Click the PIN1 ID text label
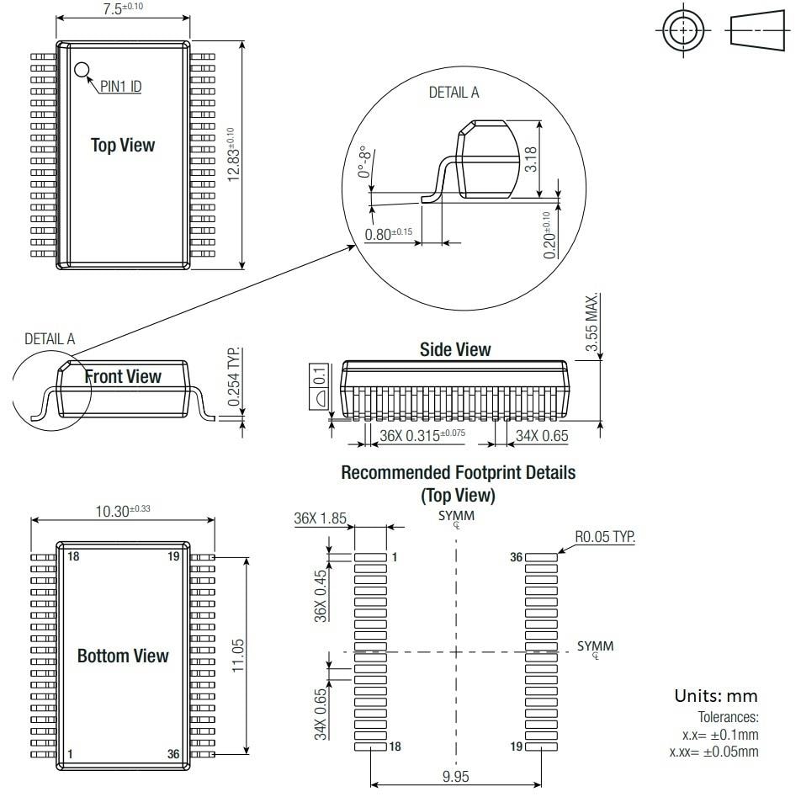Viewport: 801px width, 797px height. click(x=119, y=87)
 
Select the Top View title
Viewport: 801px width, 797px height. click(x=123, y=145)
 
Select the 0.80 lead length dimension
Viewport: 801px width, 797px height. click(x=389, y=234)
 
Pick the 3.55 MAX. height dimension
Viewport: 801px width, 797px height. click(x=592, y=323)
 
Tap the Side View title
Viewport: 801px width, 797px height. click(x=455, y=349)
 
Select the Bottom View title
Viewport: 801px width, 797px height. click(x=123, y=656)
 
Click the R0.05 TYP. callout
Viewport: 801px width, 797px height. click(x=605, y=536)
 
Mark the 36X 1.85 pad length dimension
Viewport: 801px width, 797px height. click(x=321, y=519)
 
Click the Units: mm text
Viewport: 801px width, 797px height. click(x=716, y=696)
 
